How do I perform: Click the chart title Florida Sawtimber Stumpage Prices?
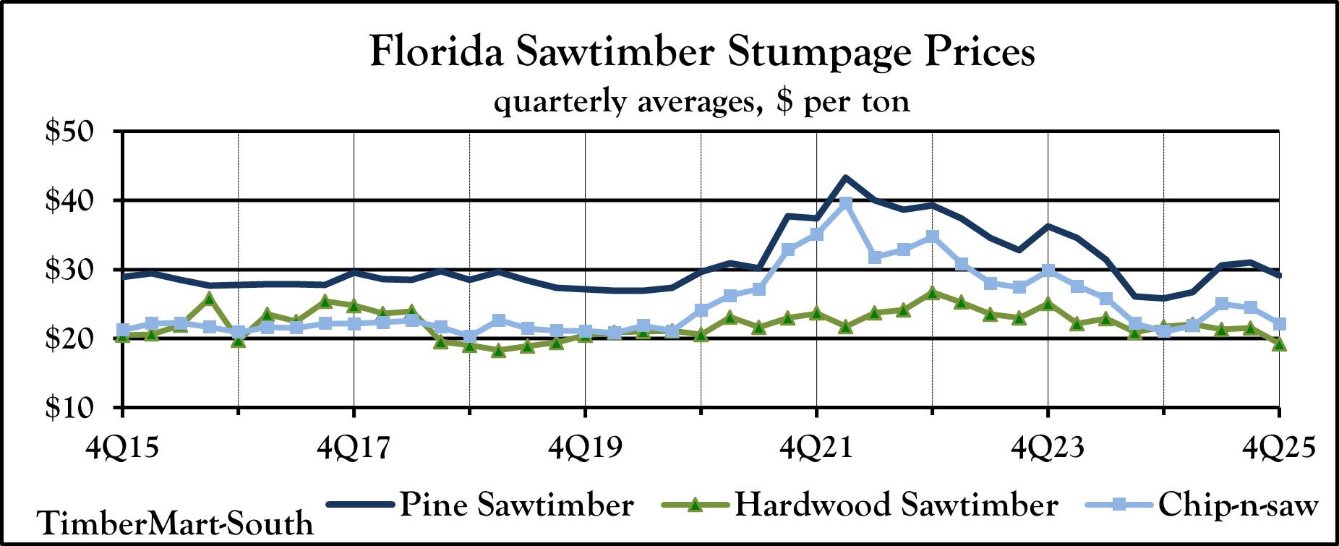click(x=702, y=52)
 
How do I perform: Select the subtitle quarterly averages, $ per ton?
click(x=702, y=101)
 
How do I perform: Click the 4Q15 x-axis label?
click(x=122, y=447)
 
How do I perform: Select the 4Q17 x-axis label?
click(x=354, y=447)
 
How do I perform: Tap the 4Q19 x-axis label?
click(x=585, y=447)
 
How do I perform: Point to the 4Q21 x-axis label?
click(x=816, y=447)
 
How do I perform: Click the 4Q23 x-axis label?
click(x=1048, y=447)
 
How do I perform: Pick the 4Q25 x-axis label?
click(x=1278, y=447)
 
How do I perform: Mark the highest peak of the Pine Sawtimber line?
click(x=845, y=177)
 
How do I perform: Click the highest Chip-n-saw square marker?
click(x=845, y=203)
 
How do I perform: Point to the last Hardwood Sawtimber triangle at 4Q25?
click(x=1279, y=344)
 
